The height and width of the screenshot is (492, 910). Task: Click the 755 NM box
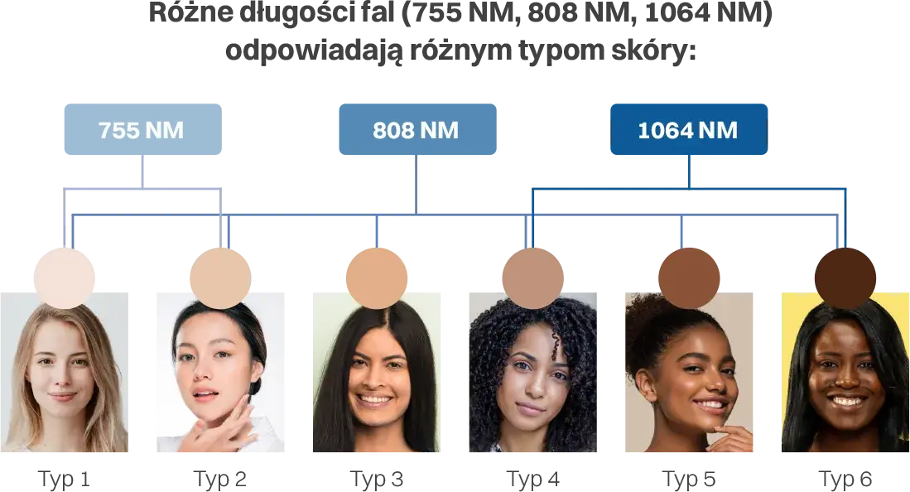pyautogui.click(x=142, y=129)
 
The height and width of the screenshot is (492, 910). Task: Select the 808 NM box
pyautogui.click(x=417, y=129)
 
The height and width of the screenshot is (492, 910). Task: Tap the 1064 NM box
pyautogui.click(x=689, y=129)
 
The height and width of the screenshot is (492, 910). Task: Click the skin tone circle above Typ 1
pyautogui.click(x=65, y=278)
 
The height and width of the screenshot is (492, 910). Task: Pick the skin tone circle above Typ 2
pyautogui.click(x=220, y=278)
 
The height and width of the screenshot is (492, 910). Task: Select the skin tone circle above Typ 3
pyautogui.click(x=377, y=278)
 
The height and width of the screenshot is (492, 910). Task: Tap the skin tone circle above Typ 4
pyautogui.click(x=532, y=278)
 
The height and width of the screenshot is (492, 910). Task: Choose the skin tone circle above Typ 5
pyautogui.click(x=689, y=278)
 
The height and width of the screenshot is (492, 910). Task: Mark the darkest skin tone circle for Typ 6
pyautogui.click(x=845, y=278)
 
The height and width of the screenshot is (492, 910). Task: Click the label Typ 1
pyautogui.click(x=64, y=480)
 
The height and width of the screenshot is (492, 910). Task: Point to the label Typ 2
pyautogui.click(x=220, y=480)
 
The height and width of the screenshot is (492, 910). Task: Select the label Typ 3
pyautogui.click(x=377, y=480)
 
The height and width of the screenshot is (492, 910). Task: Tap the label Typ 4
pyautogui.click(x=532, y=480)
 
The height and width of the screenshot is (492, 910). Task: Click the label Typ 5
pyautogui.click(x=689, y=480)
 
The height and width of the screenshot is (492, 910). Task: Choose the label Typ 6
pyautogui.click(x=845, y=480)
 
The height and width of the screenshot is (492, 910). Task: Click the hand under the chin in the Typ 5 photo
pyautogui.click(x=730, y=438)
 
